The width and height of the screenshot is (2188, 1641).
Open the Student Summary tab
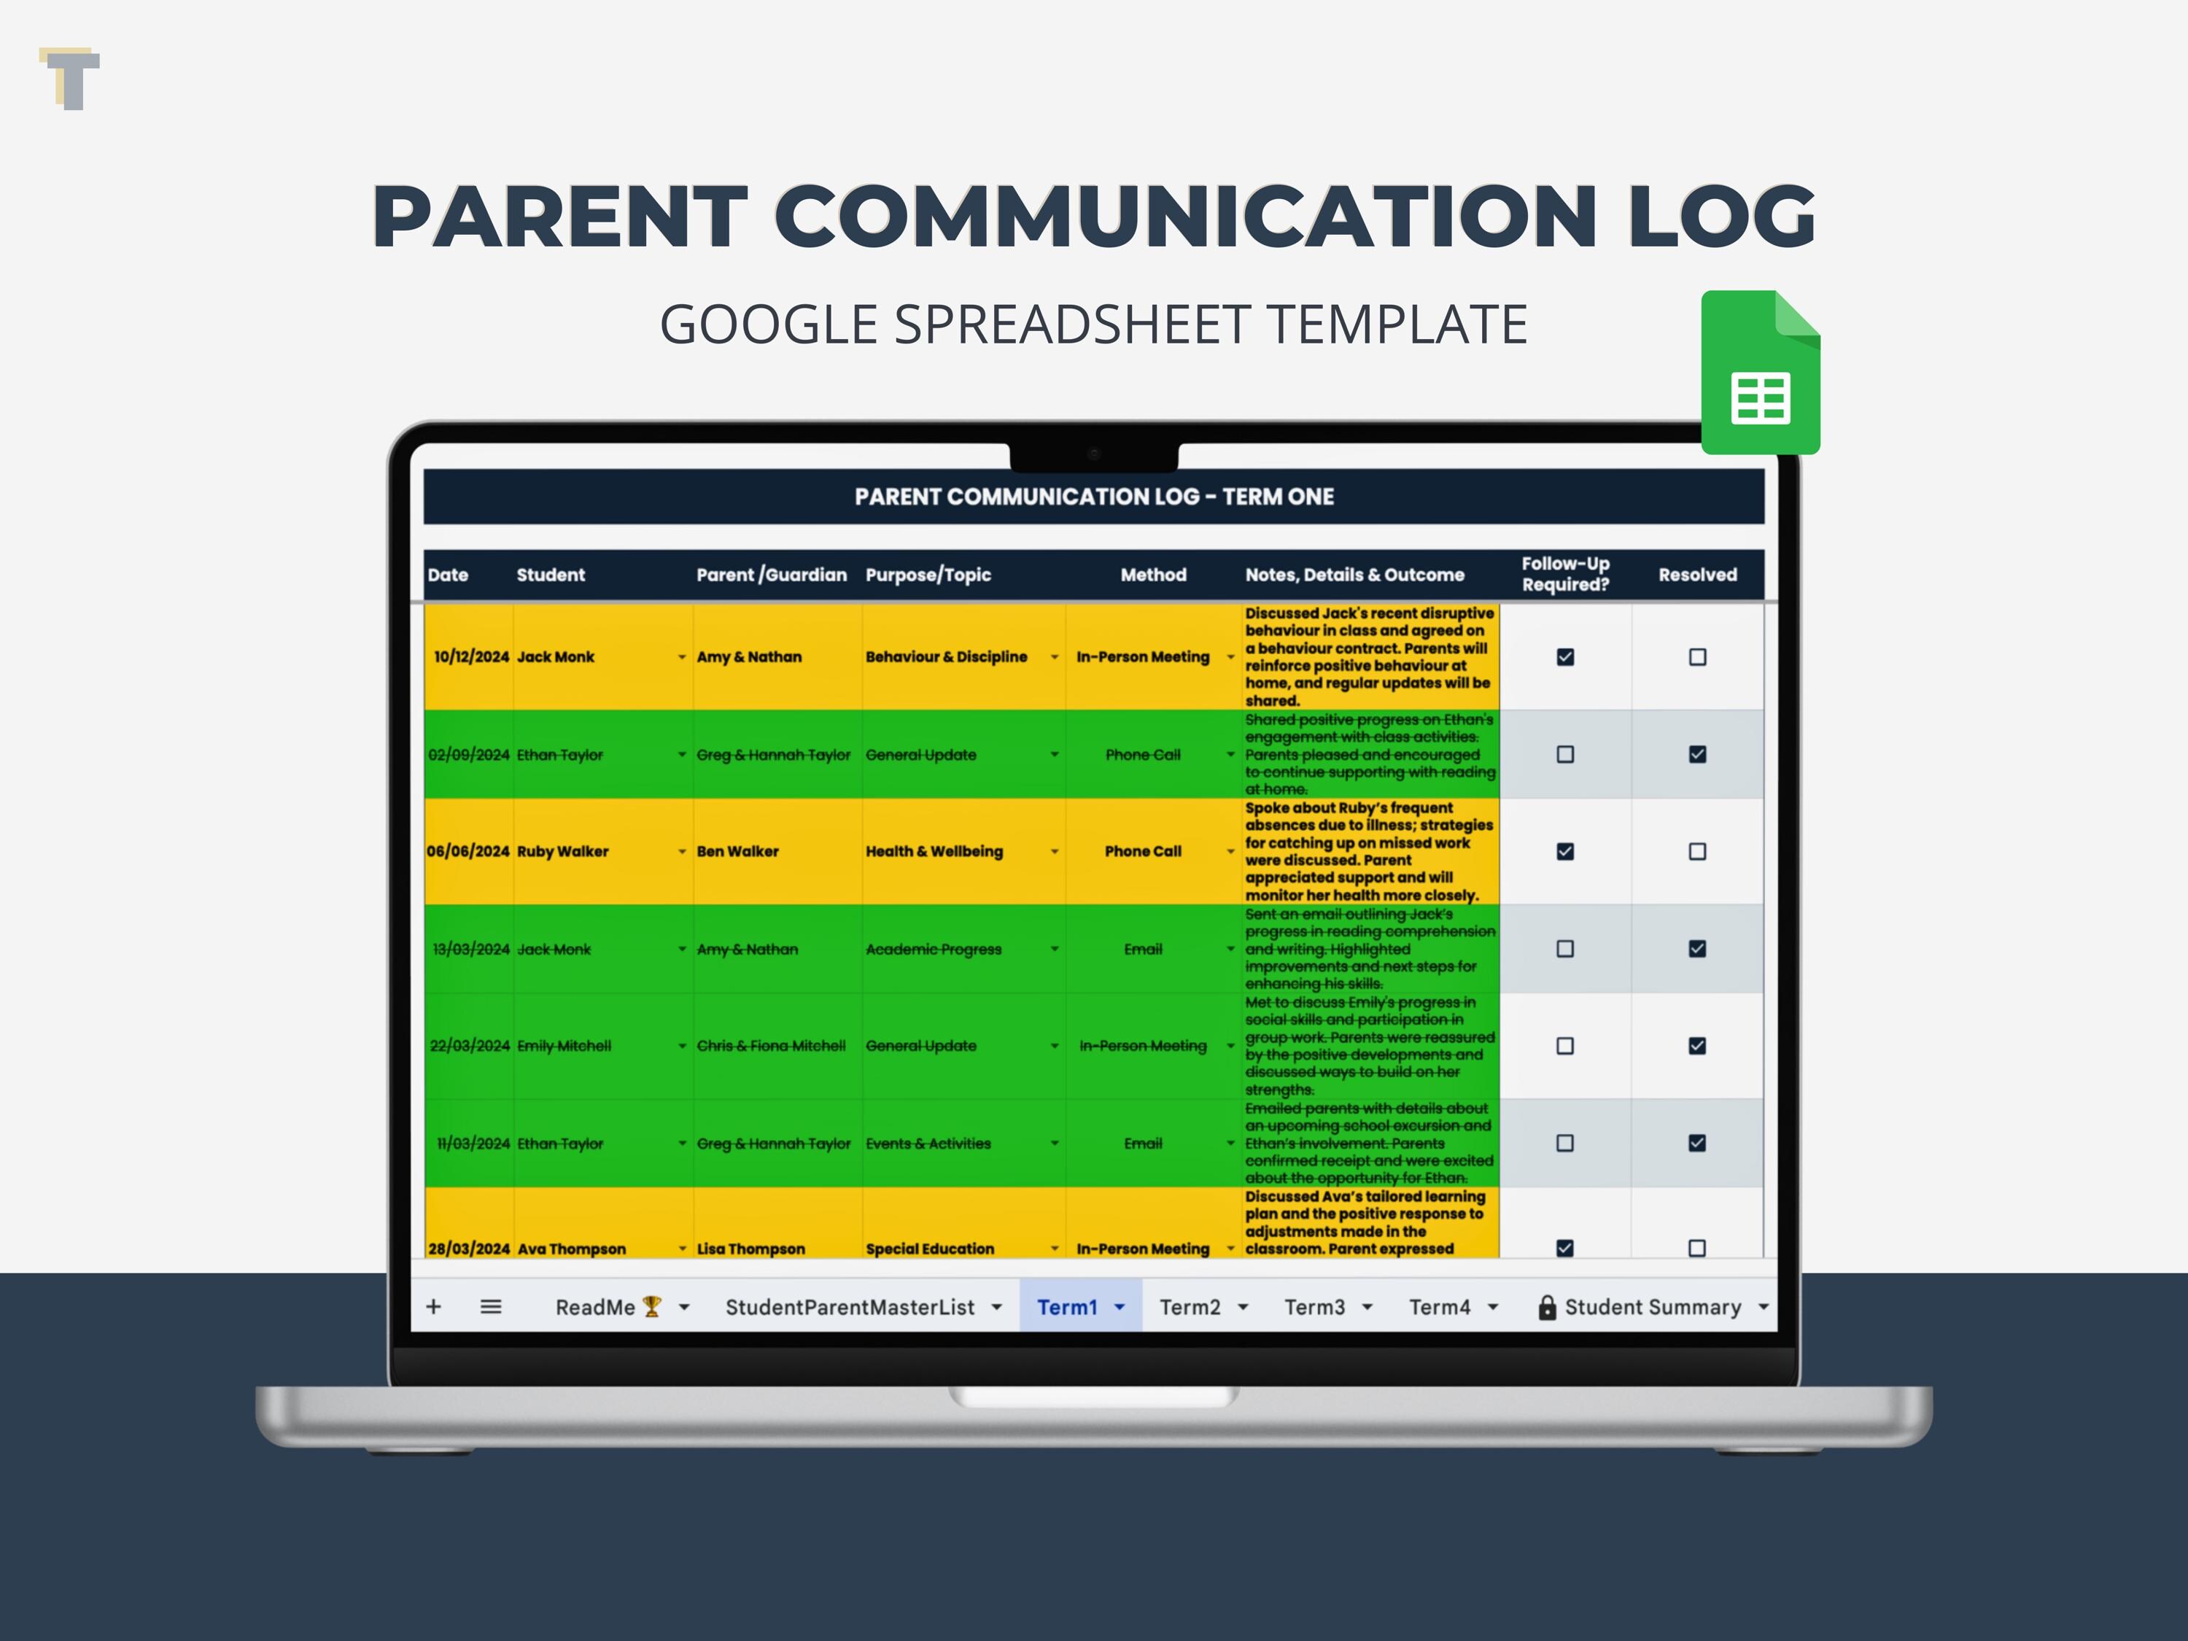coord(1652,1307)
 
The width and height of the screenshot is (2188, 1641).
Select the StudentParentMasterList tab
coord(850,1307)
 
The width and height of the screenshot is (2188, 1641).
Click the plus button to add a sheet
coord(433,1307)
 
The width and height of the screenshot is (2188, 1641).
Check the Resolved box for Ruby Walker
coord(1697,852)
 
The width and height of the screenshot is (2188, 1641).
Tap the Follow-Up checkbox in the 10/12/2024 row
coord(1565,657)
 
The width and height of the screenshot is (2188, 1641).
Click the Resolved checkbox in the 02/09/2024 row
coord(1697,755)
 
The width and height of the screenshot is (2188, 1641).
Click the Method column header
coord(1152,575)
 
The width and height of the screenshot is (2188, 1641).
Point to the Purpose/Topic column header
coord(928,575)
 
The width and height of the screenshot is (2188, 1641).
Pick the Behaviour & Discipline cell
coord(947,657)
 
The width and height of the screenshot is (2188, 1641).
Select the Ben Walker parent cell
coord(738,852)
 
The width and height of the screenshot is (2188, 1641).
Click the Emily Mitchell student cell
coord(564,1046)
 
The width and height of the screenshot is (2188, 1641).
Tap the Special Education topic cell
coord(930,1249)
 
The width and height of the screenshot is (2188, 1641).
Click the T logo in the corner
coord(70,78)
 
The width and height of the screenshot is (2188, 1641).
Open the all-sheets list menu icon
coord(491,1307)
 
